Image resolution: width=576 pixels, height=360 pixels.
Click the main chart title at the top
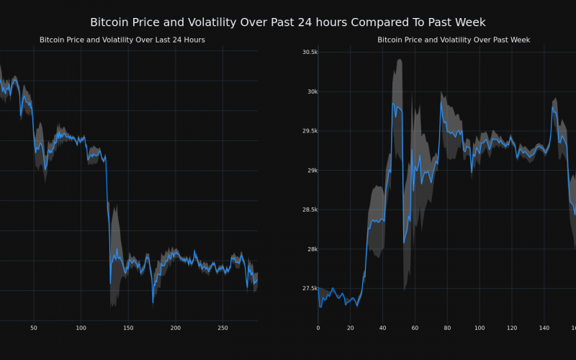coord(288,22)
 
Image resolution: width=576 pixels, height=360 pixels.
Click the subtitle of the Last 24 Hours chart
coord(122,40)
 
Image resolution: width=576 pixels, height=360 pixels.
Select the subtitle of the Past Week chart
coord(454,40)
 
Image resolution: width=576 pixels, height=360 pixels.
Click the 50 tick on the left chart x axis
coord(33,328)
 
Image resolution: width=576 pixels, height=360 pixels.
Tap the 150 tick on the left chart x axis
coord(128,328)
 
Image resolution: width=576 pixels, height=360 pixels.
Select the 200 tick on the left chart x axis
coord(176,328)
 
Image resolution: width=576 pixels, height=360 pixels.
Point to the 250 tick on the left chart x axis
coord(223,328)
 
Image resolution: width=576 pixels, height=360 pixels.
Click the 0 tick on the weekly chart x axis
coord(318,328)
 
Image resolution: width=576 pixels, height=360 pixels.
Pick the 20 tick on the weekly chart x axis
coord(350,328)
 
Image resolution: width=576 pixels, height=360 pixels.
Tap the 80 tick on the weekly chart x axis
coord(446,328)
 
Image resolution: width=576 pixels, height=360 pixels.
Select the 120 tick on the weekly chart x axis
coord(511,328)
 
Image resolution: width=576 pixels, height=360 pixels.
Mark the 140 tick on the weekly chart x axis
coord(544,328)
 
